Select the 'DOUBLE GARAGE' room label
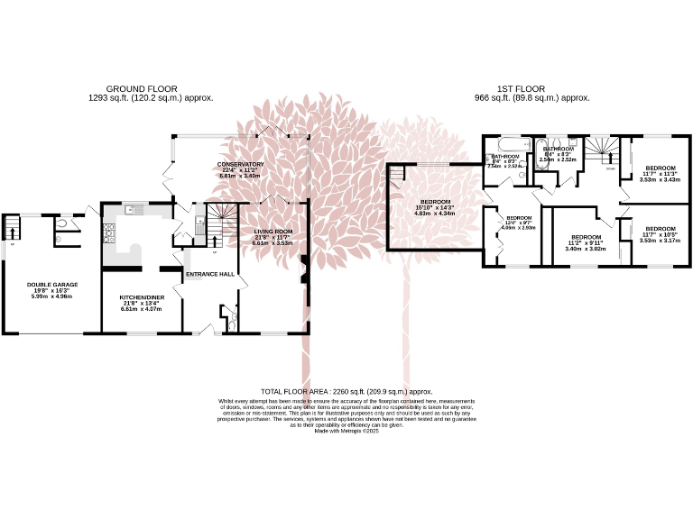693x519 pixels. pos(52,284)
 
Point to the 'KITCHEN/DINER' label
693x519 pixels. pos(140,296)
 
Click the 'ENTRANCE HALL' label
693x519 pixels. pos(209,274)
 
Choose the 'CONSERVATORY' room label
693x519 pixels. pos(240,164)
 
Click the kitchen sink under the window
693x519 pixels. pos(134,209)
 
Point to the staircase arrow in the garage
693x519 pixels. pos(12,231)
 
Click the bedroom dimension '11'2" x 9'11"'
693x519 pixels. pos(585,242)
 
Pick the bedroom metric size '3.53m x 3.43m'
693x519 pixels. pos(660,179)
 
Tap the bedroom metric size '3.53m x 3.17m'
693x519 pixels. pos(660,241)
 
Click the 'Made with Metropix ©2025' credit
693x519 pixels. pos(346,432)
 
